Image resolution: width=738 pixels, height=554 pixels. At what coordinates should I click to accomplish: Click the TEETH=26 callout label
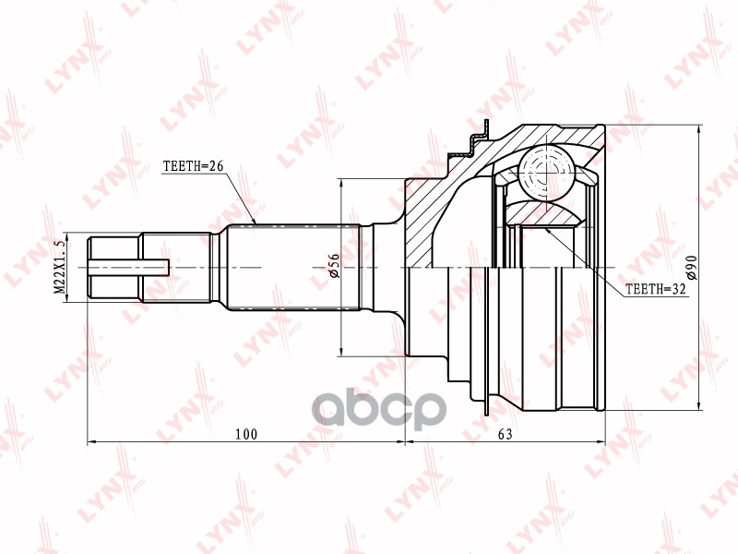193,166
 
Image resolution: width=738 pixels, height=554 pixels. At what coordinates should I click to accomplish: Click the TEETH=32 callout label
656,289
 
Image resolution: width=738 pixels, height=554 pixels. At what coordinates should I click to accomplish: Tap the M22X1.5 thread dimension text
59,267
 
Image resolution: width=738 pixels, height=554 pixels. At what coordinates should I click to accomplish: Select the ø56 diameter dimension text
334,266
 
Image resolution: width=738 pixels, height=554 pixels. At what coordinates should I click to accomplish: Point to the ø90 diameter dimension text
691,267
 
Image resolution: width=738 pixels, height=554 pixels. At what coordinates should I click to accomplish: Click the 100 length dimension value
246,434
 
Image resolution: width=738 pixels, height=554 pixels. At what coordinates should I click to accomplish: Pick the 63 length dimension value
505,434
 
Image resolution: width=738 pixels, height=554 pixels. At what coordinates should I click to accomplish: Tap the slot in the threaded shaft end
128,267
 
